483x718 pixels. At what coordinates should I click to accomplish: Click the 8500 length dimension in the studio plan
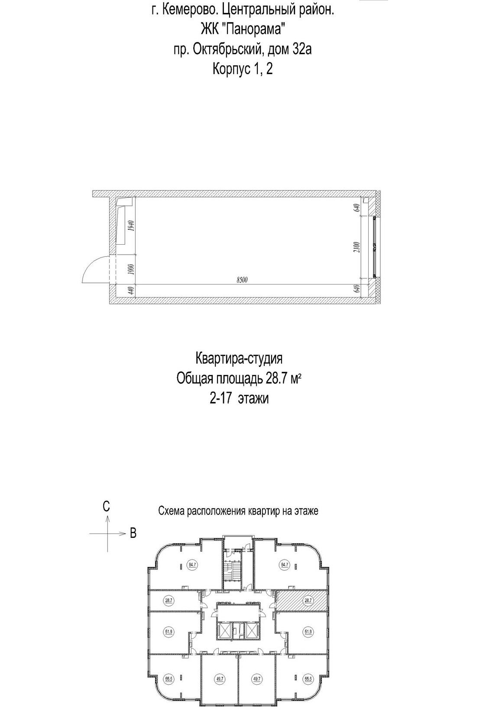pyautogui.click(x=242, y=280)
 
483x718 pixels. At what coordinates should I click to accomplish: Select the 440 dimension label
pyautogui.click(x=130, y=291)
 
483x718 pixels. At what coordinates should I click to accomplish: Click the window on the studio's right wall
pyautogui.click(x=375, y=247)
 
